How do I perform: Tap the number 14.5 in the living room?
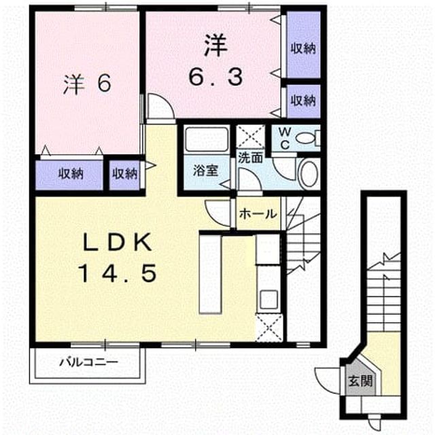[x=118, y=273]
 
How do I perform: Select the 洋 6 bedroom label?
[x=88, y=84]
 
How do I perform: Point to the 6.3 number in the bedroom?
[x=216, y=77]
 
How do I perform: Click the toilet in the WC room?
[x=307, y=138]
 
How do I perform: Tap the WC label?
[x=285, y=138]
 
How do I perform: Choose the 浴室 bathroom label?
[x=206, y=171]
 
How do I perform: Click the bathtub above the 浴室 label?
[x=207, y=139]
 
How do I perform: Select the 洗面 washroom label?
[x=251, y=158]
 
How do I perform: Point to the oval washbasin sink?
[x=309, y=174]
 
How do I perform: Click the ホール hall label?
[x=258, y=213]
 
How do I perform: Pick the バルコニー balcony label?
[x=89, y=362]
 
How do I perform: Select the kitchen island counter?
[x=210, y=275]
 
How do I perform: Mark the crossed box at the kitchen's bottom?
[x=269, y=328]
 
